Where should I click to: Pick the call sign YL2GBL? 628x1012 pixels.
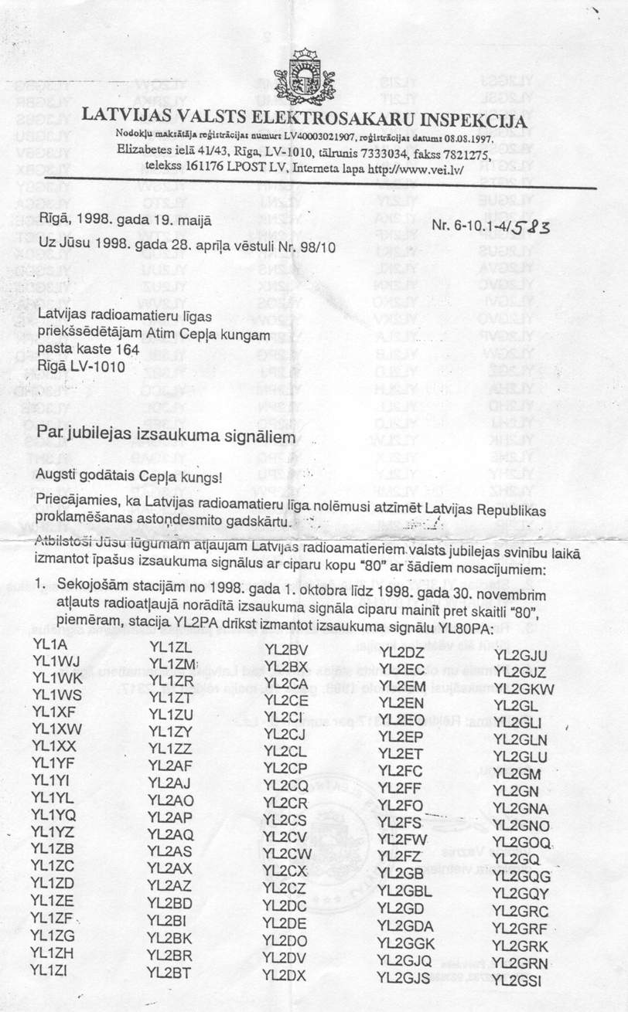[x=404, y=891]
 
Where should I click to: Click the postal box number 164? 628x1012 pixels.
[x=125, y=350]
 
